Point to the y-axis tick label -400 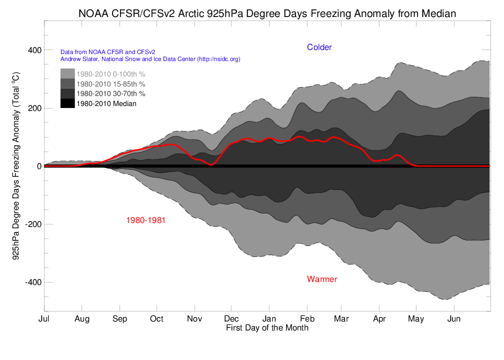[31, 282]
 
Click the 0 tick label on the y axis [37, 166]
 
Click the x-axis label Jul [44, 319]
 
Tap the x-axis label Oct [156, 319]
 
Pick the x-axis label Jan [269, 319]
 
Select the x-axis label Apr [379, 319]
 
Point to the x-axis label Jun [454, 319]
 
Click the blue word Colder [319, 47]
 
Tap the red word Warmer [322, 279]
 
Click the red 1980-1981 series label [146, 220]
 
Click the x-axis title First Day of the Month [267, 328]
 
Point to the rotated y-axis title [15, 166]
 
